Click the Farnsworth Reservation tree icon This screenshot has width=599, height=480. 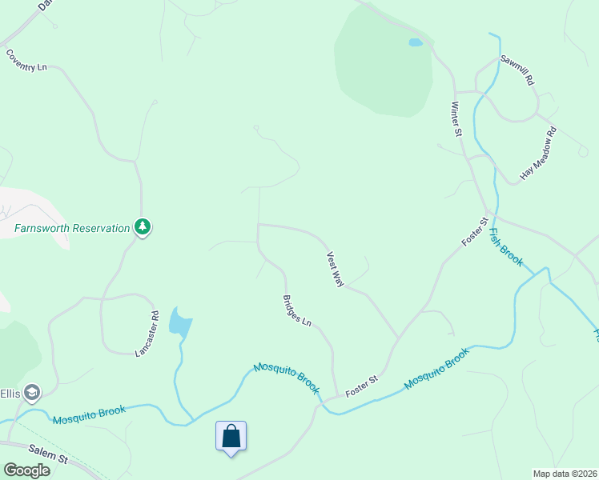point(143,227)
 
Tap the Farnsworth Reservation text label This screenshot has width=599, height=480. point(72,228)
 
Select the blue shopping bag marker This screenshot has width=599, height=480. point(231,437)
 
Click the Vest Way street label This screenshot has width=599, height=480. point(335,270)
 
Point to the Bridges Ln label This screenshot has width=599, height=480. point(296,310)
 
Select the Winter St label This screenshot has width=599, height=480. point(456,118)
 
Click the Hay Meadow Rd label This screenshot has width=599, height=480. point(538,153)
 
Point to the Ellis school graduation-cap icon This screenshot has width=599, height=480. point(32,393)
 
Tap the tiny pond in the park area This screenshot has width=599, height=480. point(415,42)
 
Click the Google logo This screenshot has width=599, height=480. point(26,470)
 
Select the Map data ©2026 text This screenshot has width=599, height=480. point(565,474)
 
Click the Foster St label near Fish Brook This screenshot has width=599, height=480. point(474,232)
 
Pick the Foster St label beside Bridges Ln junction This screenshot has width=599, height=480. point(361,387)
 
